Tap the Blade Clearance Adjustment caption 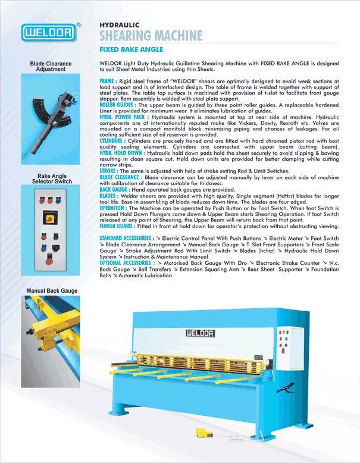[x=51, y=67]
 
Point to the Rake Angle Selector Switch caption [x=51, y=179]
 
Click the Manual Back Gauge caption [x=52, y=290]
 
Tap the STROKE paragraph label [x=109, y=171]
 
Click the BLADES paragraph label [x=108, y=195]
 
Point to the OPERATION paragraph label [x=112, y=208]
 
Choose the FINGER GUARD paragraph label [x=117, y=226]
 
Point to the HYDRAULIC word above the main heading [x=119, y=25]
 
